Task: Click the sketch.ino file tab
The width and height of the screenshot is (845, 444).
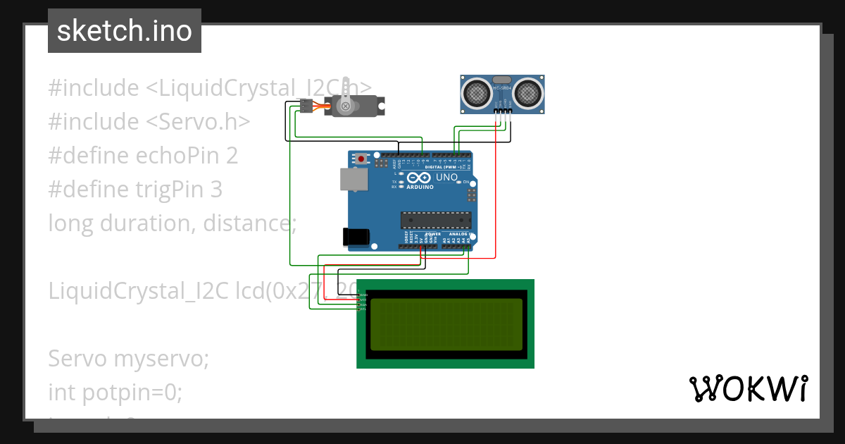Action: [124, 31]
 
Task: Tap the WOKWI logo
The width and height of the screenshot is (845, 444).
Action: [748, 388]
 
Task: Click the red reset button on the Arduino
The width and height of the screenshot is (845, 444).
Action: [361, 159]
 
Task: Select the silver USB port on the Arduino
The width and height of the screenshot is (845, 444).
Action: [353, 179]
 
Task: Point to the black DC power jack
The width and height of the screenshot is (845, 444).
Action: [355, 237]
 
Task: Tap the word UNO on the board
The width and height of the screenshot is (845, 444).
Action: [447, 178]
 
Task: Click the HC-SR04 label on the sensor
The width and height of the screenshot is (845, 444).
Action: [502, 87]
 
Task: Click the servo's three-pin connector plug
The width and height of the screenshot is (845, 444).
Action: [305, 106]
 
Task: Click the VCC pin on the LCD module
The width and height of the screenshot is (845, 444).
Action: [363, 300]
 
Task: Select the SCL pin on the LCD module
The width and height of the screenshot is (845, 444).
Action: [363, 309]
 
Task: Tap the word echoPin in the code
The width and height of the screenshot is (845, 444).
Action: [175, 155]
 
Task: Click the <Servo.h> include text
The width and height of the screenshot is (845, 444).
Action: [198, 121]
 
